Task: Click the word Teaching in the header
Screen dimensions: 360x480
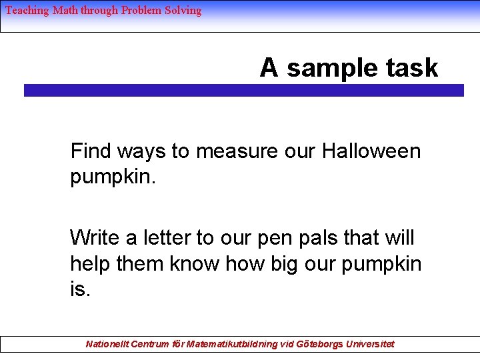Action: [27, 10]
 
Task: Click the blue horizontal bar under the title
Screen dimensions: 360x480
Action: [243, 90]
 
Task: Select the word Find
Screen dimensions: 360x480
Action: [91, 151]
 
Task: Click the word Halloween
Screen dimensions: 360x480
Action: [371, 151]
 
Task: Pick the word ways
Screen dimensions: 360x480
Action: [143, 151]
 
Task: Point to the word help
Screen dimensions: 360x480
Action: [91, 264]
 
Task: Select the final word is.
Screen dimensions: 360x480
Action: [79, 291]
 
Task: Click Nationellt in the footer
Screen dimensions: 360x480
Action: [107, 344]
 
